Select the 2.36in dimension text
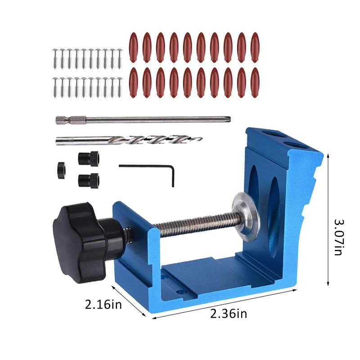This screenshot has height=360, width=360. click(229, 314)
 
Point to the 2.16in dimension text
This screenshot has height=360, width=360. click(103, 305)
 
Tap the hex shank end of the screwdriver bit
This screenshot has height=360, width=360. click(61, 120)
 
